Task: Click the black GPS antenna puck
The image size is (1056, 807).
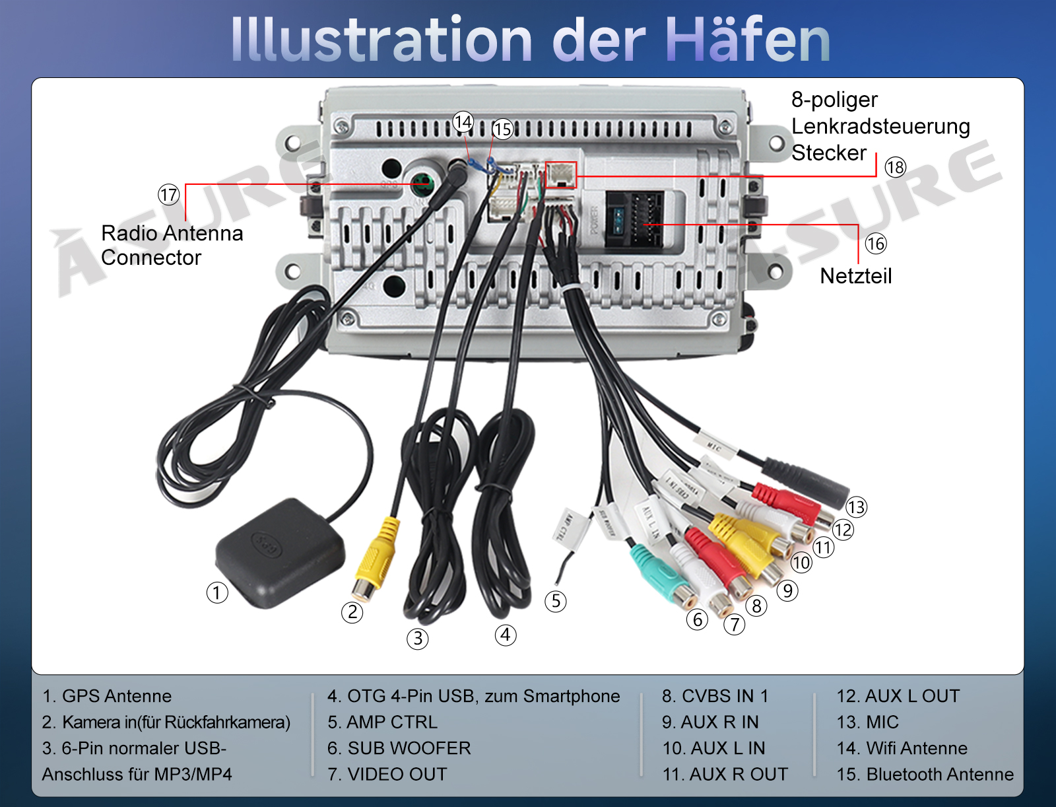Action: coord(280,551)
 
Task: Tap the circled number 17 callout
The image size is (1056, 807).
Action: coord(168,195)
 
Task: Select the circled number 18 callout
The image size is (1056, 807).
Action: coord(895,167)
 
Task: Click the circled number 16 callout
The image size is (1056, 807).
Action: coord(875,244)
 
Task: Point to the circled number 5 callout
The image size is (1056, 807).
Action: coord(555,601)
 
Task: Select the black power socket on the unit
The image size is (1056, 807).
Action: coord(634,219)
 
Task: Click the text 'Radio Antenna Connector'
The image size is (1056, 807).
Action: coord(172,245)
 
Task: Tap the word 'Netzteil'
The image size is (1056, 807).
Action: coord(855,276)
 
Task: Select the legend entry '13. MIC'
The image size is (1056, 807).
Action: coord(867,722)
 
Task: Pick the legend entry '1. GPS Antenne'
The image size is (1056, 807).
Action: coord(107,696)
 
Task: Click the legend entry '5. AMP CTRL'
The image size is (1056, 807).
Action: coord(383,722)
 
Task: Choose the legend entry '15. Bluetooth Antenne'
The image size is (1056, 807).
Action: coord(925,774)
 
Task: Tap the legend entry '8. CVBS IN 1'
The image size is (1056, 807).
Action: coord(715,696)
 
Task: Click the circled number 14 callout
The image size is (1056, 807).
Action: coord(463,122)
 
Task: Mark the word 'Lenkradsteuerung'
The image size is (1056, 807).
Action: coord(880,126)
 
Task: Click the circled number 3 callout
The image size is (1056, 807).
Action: coord(417,639)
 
